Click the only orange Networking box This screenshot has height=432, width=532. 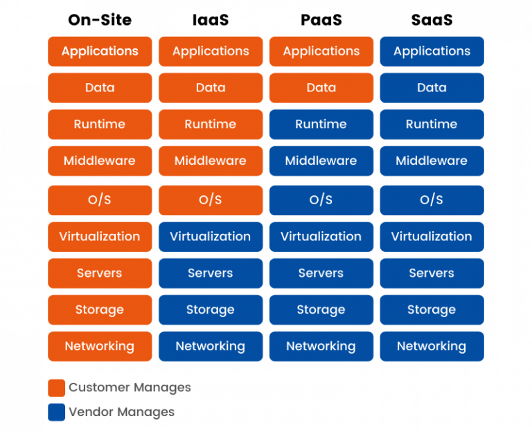tap(100, 346)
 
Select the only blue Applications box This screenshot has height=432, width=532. tap(432, 51)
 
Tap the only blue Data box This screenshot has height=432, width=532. tap(432, 88)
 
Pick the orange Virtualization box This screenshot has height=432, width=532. tap(100, 236)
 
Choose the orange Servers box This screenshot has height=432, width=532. tap(100, 273)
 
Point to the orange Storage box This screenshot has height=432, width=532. tap(100, 309)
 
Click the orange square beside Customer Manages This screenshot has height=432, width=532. tap(57, 388)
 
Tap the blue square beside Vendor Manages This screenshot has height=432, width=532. tap(57, 413)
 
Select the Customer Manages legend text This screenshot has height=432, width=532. tap(130, 388)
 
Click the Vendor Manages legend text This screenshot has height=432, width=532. tap(121, 413)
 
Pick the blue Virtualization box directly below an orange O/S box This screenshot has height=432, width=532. tap(211, 236)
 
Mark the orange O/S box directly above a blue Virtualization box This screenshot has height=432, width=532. tap(211, 200)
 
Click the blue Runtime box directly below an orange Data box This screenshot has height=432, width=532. tap(321, 125)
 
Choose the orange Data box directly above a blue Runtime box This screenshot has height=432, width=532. tap(321, 88)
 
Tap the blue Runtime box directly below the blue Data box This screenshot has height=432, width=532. tap(432, 125)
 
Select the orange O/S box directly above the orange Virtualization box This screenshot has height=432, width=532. tap(100, 200)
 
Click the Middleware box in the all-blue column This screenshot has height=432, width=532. tap(432, 161)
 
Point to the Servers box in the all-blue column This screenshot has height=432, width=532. tap(432, 273)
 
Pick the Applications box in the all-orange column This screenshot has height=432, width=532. tap(100, 51)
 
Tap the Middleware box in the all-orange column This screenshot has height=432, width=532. tap(100, 161)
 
